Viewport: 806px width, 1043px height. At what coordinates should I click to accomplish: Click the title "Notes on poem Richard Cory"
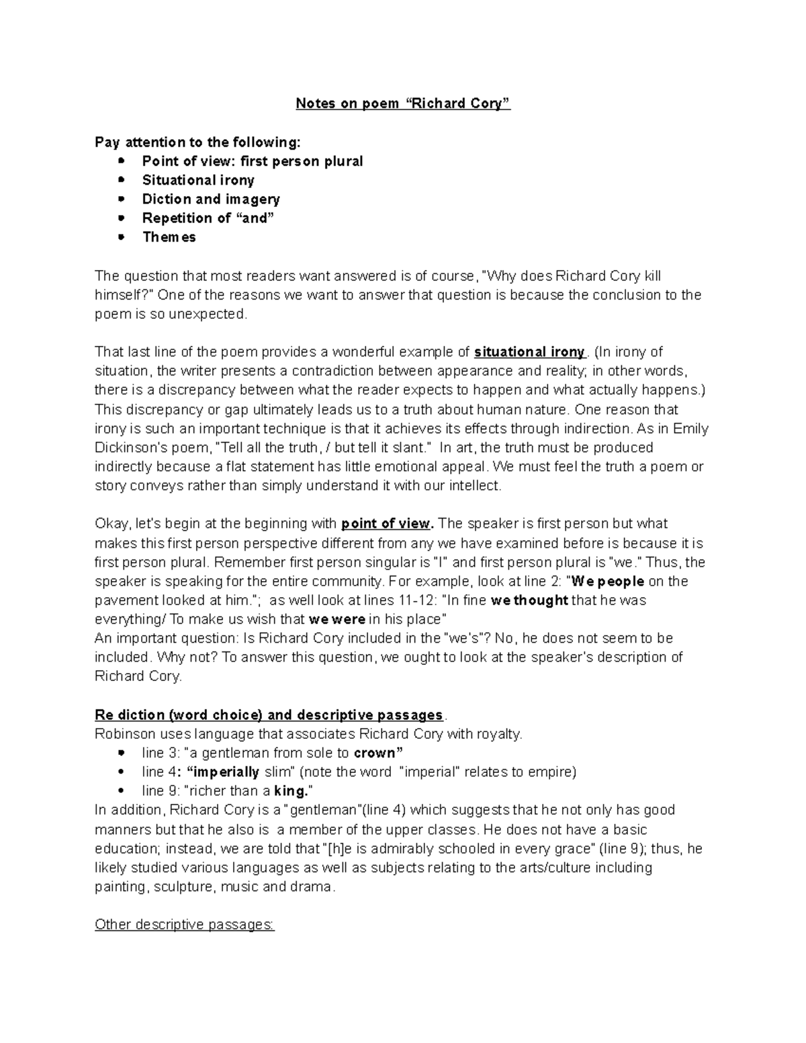coord(403,104)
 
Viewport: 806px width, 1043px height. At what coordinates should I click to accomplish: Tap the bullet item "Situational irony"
coord(198,180)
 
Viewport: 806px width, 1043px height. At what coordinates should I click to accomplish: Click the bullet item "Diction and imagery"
coord(211,199)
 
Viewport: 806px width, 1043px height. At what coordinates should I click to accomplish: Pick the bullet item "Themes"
coord(169,237)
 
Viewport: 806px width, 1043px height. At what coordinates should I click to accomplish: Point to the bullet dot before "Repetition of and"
coord(121,218)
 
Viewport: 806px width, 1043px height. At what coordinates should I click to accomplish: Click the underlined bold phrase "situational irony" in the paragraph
coord(530,352)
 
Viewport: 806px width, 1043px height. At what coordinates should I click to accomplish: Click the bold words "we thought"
coord(529,600)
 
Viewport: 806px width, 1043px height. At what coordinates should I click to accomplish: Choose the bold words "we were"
coord(337,619)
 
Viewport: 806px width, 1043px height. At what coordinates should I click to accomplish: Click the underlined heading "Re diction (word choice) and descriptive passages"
coord(269,715)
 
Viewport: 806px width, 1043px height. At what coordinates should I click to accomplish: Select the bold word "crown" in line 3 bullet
coord(378,753)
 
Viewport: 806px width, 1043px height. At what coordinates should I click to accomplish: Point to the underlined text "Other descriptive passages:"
coord(185,925)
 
